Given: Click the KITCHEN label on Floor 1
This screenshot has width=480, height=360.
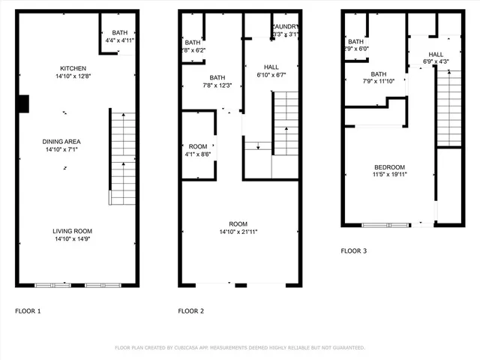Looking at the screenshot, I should pyautogui.click(x=73, y=68).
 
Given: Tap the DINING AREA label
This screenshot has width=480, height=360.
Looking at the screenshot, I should pyautogui.click(x=73, y=141).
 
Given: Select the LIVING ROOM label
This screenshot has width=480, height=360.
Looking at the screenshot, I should pyautogui.click(x=73, y=231).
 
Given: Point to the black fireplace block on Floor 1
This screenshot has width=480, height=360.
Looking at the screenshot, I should pyautogui.click(x=23, y=103).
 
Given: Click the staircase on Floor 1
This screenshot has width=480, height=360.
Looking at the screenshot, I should pyautogui.click(x=123, y=157).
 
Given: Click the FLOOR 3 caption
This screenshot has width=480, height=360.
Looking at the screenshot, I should pyautogui.click(x=354, y=250).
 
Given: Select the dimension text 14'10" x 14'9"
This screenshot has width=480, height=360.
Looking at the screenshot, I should pyautogui.click(x=73, y=238).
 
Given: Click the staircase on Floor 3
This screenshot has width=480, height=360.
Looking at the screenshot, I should pyautogui.click(x=448, y=105).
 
